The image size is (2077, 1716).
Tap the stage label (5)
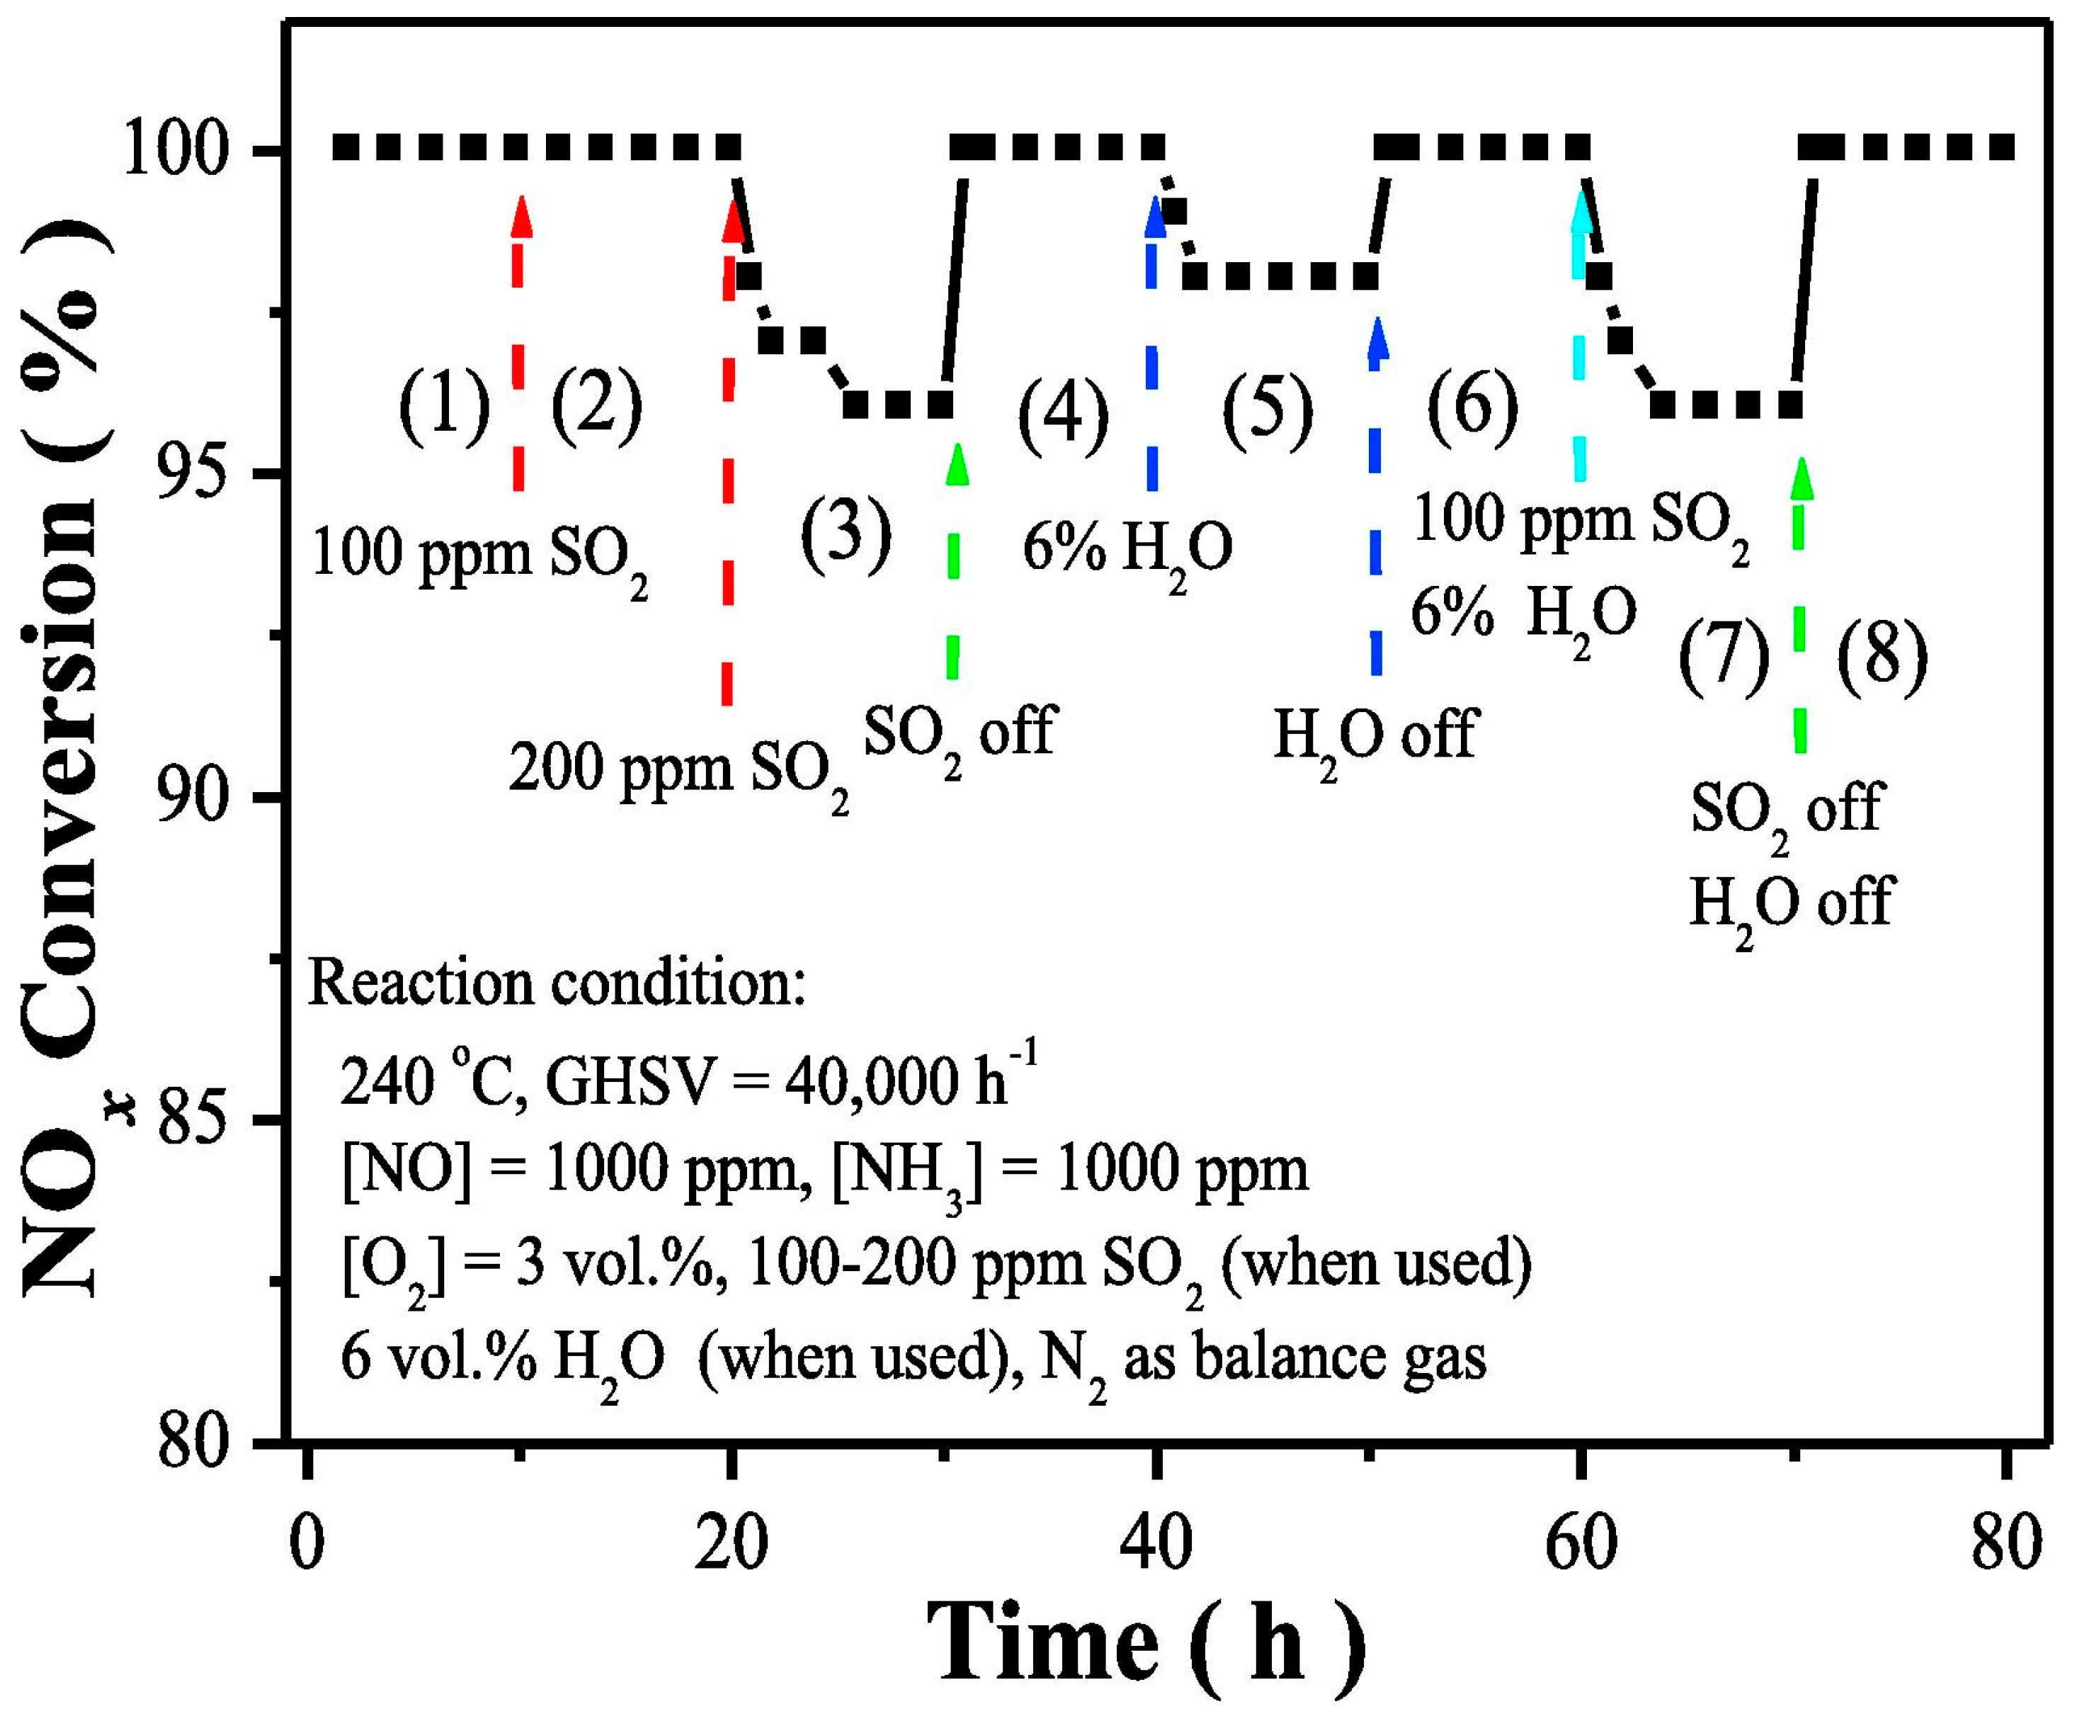point(1268,410)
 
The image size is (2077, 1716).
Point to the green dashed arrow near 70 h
point(1800,603)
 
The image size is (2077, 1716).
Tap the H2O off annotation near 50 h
point(1375,736)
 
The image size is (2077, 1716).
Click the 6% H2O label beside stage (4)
point(1127,551)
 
